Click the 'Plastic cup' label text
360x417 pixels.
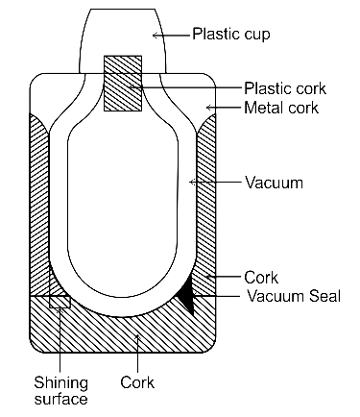pyautogui.click(x=231, y=34)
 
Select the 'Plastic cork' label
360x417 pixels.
pyautogui.click(x=285, y=88)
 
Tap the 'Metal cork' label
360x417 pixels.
pyautogui.click(x=281, y=108)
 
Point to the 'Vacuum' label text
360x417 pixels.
pyautogui.click(x=274, y=183)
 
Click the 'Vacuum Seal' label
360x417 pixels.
pyautogui.click(x=294, y=296)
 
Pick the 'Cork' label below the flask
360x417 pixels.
pyautogui.click(x=137, y=382)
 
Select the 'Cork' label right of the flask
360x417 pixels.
pyautogui.click(x=261, y=278)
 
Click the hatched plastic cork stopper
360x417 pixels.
pyautogui.click(x=123, y=84)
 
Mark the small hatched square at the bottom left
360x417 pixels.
pyautogui.click(x=60, y=302)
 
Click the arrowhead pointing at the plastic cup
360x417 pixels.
pyautogui.click(x=156, y=36)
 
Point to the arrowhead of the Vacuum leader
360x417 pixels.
pyautogui.click(x=192, y=182)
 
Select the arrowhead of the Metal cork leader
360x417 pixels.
pyautogui.click(x=209, y=108)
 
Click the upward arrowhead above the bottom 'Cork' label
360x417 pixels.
pyautogui.click(x=137, y=337)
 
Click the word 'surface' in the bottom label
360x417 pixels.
pyautogui.click(x=60, y=399)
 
